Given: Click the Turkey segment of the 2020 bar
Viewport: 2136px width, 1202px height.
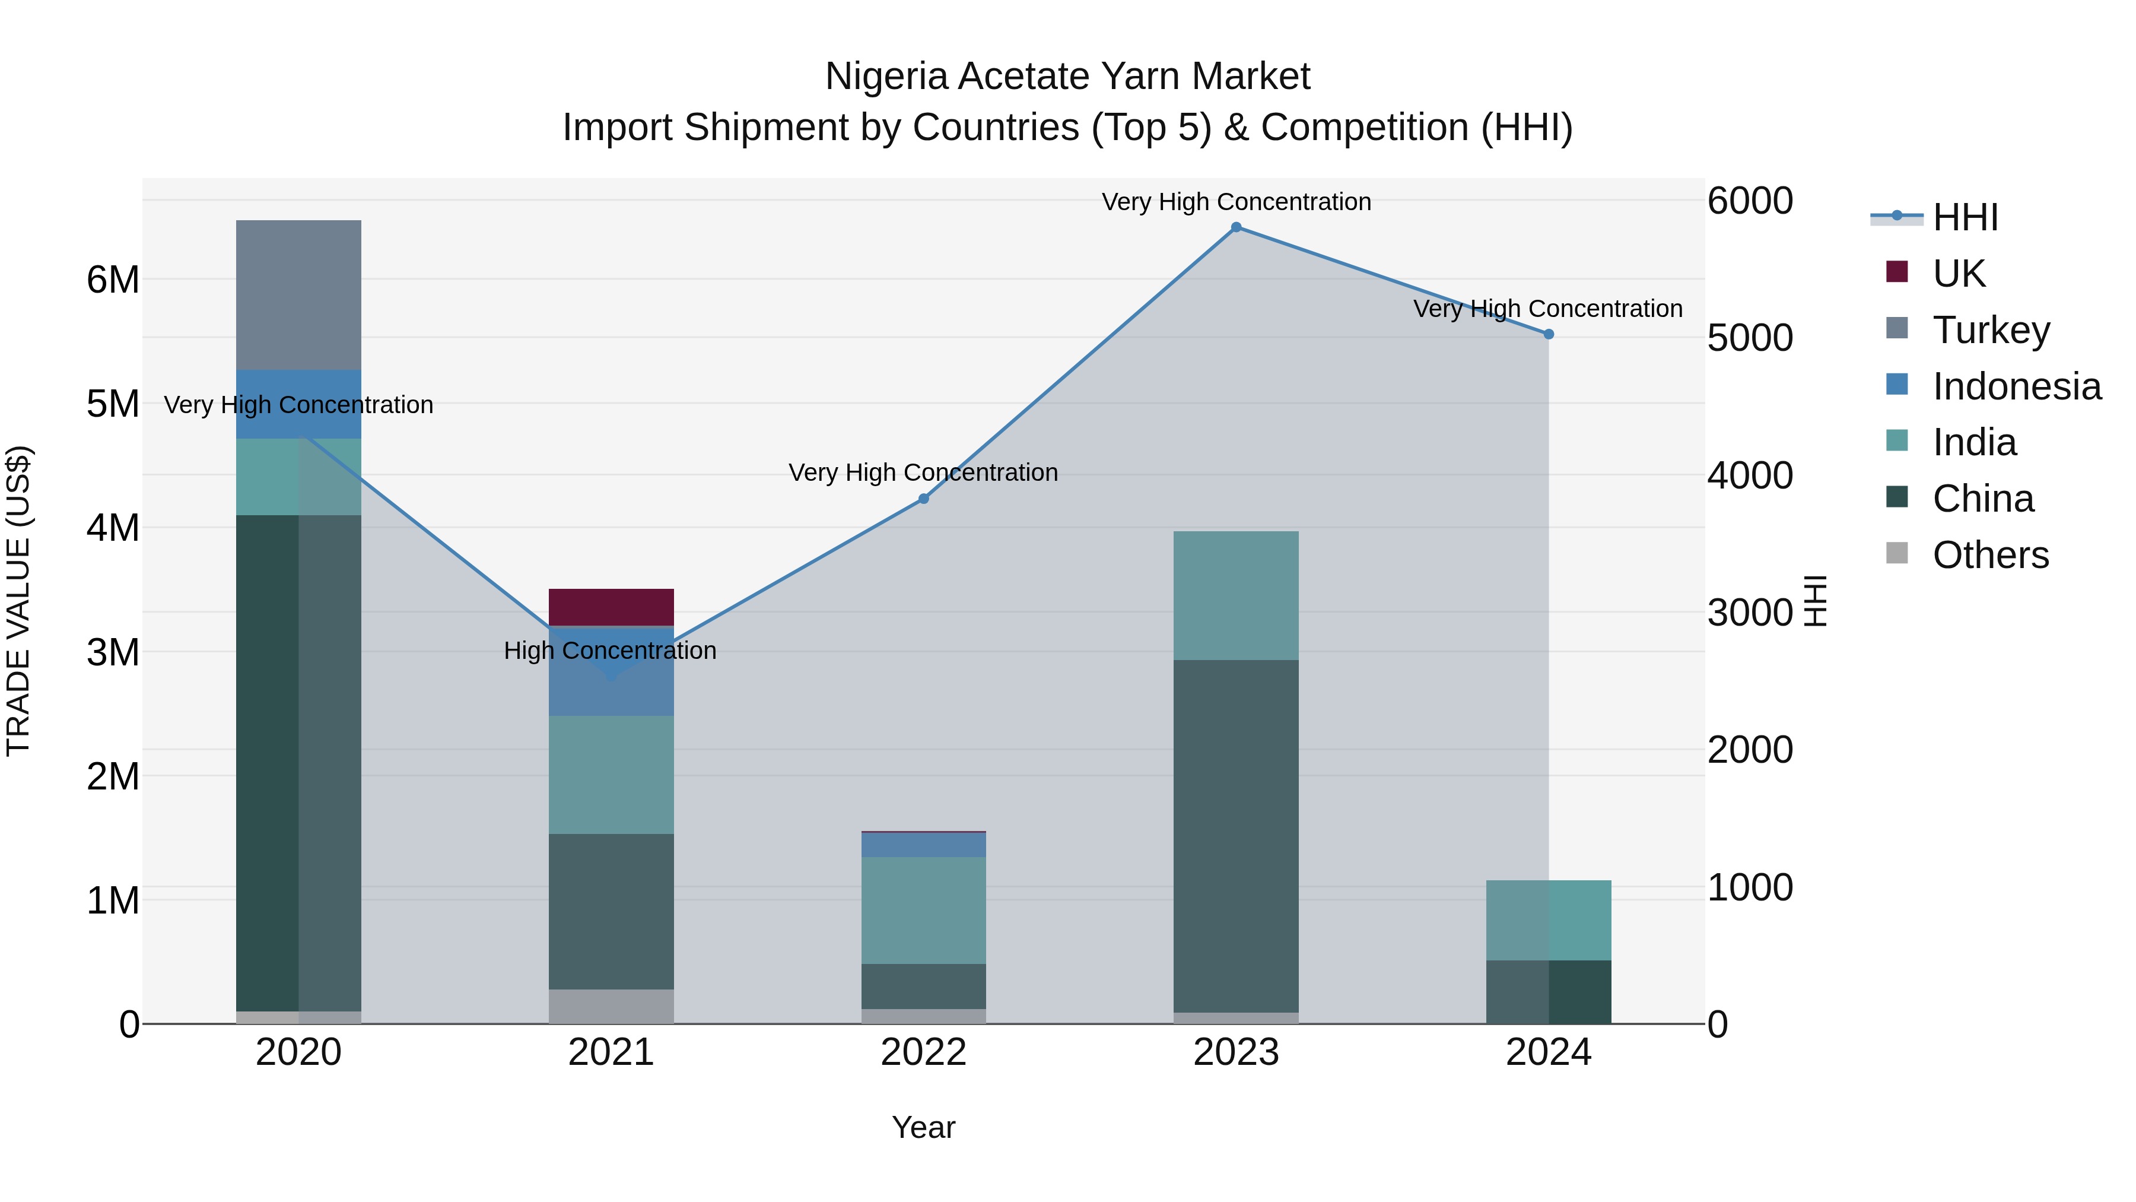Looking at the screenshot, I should (x=298, y=294).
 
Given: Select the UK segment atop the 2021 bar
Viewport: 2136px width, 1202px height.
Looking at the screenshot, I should (x=611, y=607).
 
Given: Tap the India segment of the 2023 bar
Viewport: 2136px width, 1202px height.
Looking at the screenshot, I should (x=1235, y=595).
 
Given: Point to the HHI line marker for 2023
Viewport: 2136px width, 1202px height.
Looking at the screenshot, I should (x=1235, y=227).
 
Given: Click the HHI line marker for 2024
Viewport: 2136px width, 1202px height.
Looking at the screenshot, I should (x=1548, y=334).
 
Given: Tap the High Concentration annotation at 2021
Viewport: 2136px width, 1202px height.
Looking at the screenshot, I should (x=611, y=651).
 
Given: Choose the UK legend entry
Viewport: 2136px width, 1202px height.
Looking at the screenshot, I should (x=1959, y=274).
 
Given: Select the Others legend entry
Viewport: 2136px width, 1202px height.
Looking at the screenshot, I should (x=1990, y=555).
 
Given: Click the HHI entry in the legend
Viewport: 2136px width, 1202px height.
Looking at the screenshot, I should (x=1965, y=217).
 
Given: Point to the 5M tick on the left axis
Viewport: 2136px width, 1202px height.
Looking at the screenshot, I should (x=113, y=404).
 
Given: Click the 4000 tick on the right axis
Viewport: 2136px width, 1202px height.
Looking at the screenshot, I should (x=1750, y=475).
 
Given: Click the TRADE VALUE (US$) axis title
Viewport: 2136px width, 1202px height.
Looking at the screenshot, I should (x=18, y=601).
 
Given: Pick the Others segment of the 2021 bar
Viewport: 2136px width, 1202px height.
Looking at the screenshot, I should (x=611, y=1006).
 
